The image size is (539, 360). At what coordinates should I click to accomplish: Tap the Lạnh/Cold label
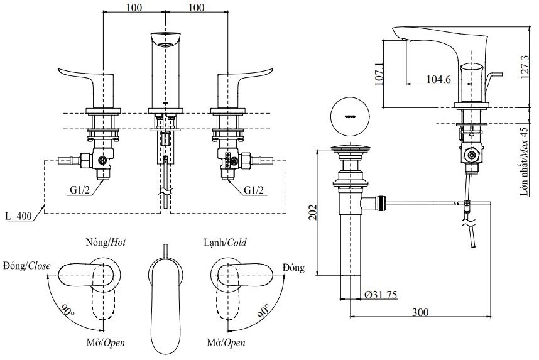pyautogui.click(x=224, y=243)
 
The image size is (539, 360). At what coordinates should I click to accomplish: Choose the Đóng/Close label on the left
pyautogui.click(x=26, y=266)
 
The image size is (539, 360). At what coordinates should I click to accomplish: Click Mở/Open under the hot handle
pyautogui.click(x=106, y=343)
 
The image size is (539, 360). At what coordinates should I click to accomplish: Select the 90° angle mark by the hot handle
pyautogui.click(x=67, y=310)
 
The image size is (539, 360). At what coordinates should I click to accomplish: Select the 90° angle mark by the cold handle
pyautogui.click(x=263, y=310)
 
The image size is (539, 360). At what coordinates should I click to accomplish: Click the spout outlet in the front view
pyautogui.click(x=165, y=45)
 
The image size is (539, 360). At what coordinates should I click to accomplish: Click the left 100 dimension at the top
pyautogui.click(x=133, y=8)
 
